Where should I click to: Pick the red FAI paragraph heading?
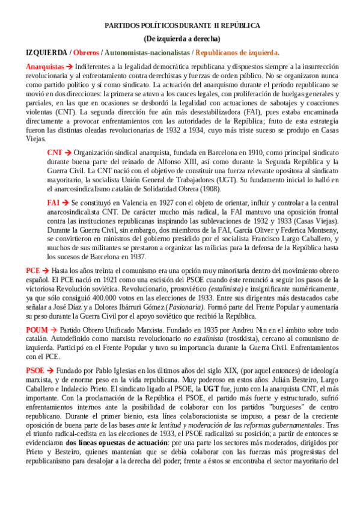pos(53,203)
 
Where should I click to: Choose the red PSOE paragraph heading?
pos(35,370)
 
